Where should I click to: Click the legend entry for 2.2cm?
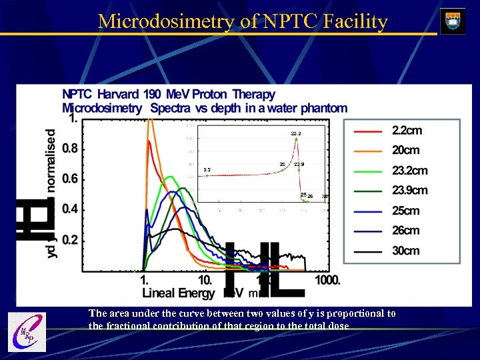pyautogui.click(x=407, y=131)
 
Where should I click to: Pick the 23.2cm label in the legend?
pyautogui.click(x=409, y=171)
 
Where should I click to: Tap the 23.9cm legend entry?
pyautogui.click(x=409, y=191)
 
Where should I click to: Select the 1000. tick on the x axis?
pyautogui.click(x=327, y=280)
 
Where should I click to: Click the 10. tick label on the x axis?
pyautogui.click(x=205, y=280)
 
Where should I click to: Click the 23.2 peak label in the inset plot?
pyautogui.click(x=295, y=134)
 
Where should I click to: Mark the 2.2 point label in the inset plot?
pyautogui.click(x=207, y=170)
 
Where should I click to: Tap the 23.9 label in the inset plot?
pyautogui.click(x=299, y=164)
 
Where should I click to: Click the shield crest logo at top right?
pyautogui.click(x=453, y=21)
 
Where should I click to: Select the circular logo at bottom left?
pyautogui.click(x=26, y=332)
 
